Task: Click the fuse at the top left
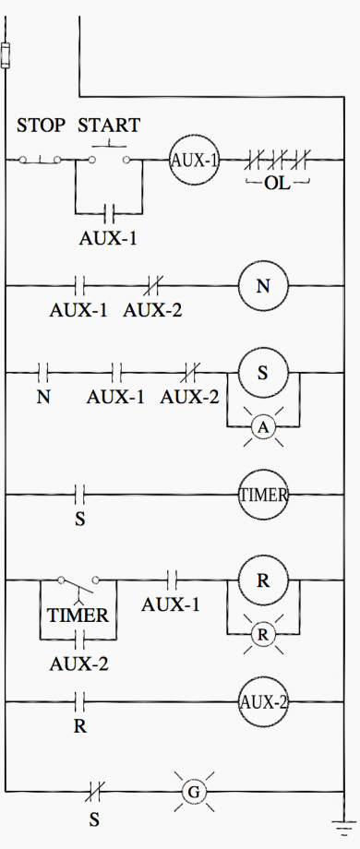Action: [x=6, y=55]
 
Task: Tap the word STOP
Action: [x=41, y=126]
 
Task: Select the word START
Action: [x=109, y=126]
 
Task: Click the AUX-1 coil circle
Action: [x=194, y=160]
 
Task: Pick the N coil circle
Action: [x=263, y=286]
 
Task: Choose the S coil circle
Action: [x=263, y=372]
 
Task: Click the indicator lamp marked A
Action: [x=263, y=427]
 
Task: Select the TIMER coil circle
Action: [x=263, y=495]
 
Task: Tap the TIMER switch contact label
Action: [x=78, y=615]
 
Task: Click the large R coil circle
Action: [x=263, y=580]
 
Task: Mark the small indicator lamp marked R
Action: [x=263, y=636]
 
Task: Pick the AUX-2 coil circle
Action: [x=263, y=702]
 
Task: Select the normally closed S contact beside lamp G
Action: [x=93, y=792]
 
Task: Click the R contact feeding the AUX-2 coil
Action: [x=79, y=702]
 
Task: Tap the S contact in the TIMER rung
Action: [x=79, y=495]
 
